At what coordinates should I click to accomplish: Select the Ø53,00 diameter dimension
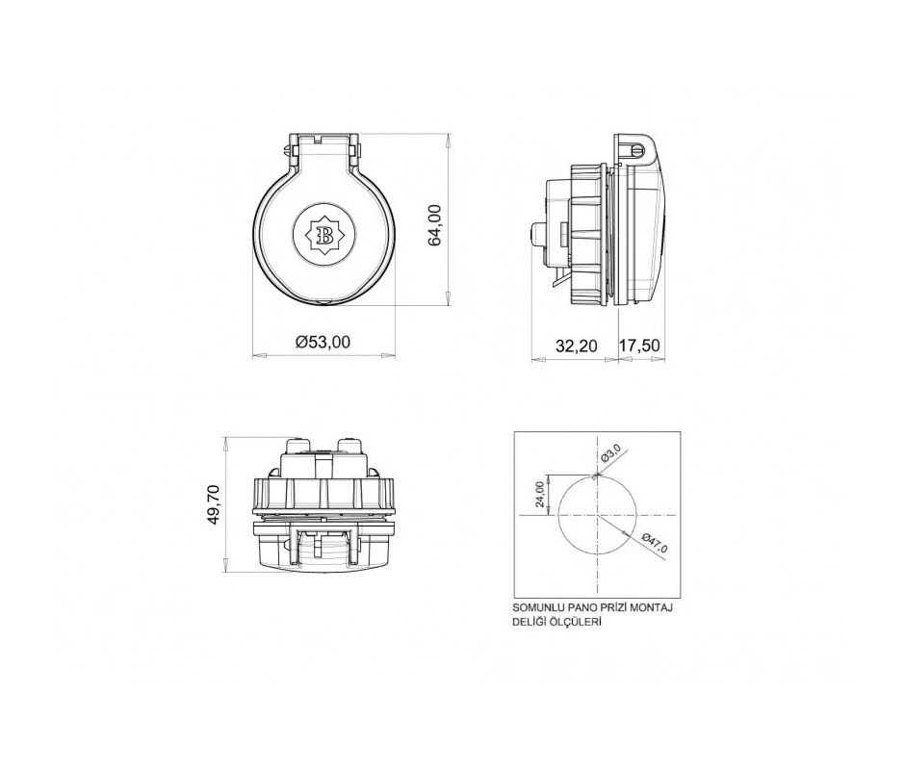pyautogui.click(x=323, y=343)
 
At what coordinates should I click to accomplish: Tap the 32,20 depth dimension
pyautogui.click(x=577, y=346)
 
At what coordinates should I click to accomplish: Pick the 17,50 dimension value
pyautogui.click(x=639, y=346)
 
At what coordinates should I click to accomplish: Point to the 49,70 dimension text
pyautogui.click(x=214, y=505)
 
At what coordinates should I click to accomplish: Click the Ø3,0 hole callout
pyautogui.click(x=610, y=453)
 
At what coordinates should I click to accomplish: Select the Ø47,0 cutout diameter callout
pyautogui.click(x=655, y=543)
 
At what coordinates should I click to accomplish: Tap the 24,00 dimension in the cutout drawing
pyautogui.click(x=540, y=494)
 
